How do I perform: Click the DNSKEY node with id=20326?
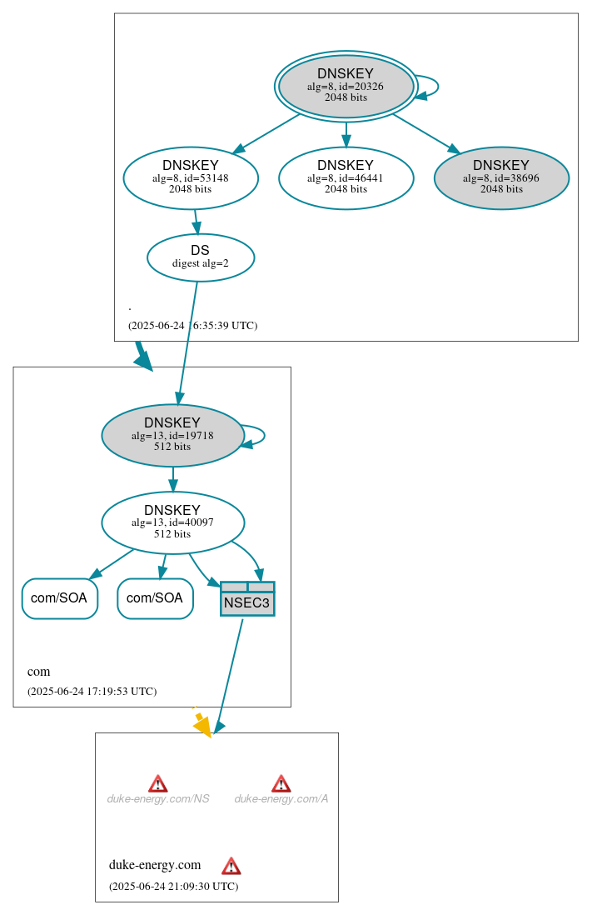click(346, 86)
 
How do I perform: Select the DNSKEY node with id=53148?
click(191, 177)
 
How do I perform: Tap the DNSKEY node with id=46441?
click(346, 177)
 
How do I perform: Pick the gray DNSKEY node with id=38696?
click(501, 177)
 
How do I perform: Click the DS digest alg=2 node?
click(201, 257)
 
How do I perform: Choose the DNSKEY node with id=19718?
click(172, 435)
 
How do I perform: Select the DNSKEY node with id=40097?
click(172, 522)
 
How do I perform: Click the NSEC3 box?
click(247, 599)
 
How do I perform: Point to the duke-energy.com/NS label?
click(158, 798)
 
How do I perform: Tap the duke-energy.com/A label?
click(281, 798)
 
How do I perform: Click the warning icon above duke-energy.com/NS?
click(158, 783)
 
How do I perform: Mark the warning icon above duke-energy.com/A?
click(281, 783)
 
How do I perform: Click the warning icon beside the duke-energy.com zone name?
click(231, 866)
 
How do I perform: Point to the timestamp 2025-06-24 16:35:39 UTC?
click(192, 326)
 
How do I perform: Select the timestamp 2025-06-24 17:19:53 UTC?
click(92, 692)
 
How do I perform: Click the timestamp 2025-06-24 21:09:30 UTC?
click(173, 887)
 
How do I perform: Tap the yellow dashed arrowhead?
click(202, 727)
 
